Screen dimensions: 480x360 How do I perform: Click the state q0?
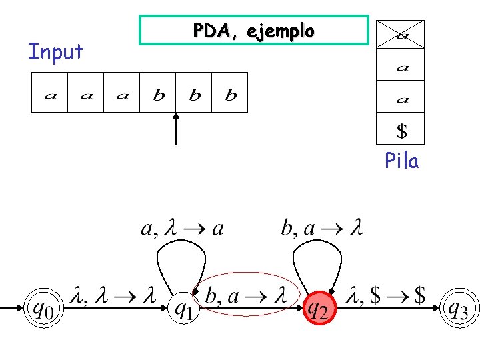point(44,308)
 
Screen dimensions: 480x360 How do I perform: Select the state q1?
point(184,308)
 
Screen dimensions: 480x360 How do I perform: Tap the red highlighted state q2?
point(320,308)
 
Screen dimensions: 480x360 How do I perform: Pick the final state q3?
point(459,308)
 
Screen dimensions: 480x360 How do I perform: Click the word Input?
point(55,51)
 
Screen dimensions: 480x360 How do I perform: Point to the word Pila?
point(401,160)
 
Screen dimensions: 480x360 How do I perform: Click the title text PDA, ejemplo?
point(254,31)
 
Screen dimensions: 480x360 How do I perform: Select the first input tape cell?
point(49,93)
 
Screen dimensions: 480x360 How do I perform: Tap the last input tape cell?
point(229,93)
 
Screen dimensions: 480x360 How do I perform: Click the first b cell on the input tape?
point(157,93)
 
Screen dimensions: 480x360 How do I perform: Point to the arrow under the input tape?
point(176,129)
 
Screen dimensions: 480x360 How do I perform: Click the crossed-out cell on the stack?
point(400,34)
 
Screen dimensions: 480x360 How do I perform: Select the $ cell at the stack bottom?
point(400,128)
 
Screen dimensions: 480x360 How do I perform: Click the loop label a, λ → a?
point(183,229)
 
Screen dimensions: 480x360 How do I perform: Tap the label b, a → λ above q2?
point(322,228)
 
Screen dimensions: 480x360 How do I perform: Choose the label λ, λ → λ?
point(113,295)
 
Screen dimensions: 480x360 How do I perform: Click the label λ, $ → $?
point(385,295)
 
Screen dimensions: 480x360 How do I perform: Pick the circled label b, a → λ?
point(247,296)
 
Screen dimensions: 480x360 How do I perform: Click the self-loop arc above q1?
point(181,241)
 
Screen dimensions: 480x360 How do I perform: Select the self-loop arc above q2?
point(317,241)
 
